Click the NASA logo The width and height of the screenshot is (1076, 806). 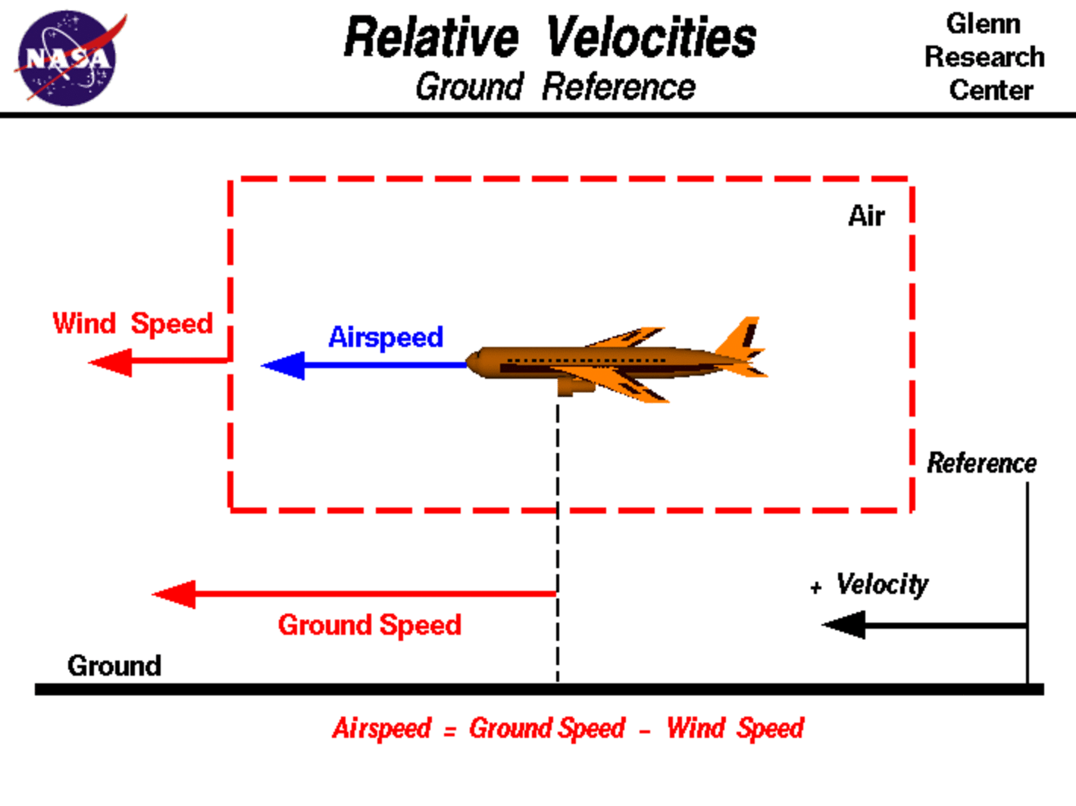pyautogui.click(x=67, y=58)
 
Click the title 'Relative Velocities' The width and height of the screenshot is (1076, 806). pyautogui.click(x=550, y=38)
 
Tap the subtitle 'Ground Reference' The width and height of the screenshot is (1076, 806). pyautogui.click(x=555, y=86)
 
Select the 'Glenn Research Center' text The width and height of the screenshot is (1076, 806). pyautogui.click(x=984, y=57)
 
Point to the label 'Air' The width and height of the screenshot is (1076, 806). pyautogui.click(x=866, y=216)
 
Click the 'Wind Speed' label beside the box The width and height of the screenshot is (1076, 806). pyautogui.click(x=133, y=323)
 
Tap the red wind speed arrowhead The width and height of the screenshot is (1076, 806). pyautogui.click(x=111, y=363)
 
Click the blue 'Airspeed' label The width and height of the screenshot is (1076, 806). pyautogui.click(x=386, y=337)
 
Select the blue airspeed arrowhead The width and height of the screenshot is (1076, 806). pyautogui.click(x=283, y=366)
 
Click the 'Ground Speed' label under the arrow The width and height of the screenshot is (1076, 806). pyautogui.click(x=370, y=625)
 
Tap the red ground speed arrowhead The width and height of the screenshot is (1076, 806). pyautogui.click(x=175, y=595)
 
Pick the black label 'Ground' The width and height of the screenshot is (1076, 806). pyautogui.click(x=114, y=666)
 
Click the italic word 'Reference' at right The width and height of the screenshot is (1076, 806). pyautogui.click(x=982, y=463)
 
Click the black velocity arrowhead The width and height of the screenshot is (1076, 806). pyautogui.click(x=844, y=625)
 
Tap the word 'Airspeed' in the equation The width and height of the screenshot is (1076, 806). pyautogui.click(x=382, y=729)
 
